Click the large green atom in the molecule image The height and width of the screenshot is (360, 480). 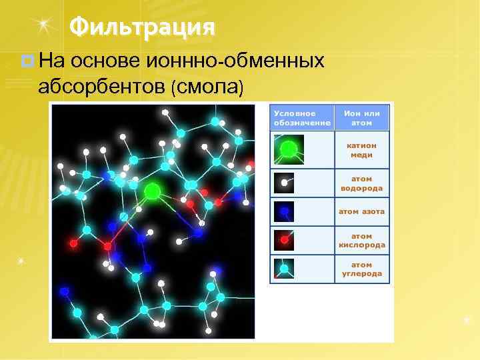(x=152, y=191)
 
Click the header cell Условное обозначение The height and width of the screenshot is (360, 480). (x=301, y=117)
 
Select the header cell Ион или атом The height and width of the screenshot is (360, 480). (x=361, y=117)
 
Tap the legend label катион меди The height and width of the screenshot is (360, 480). (x=361, y=150)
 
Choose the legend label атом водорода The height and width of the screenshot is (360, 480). (x=361, y=183)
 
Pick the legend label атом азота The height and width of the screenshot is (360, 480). (x=361, y=211)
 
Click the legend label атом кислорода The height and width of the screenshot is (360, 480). (x=361, y=240)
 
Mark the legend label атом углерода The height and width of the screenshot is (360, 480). (x=361, y=269)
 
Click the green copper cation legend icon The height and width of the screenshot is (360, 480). (x=289, y=149)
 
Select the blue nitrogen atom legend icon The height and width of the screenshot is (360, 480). (x=284, y=211)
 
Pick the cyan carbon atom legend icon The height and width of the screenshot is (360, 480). (x=284, y=269)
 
